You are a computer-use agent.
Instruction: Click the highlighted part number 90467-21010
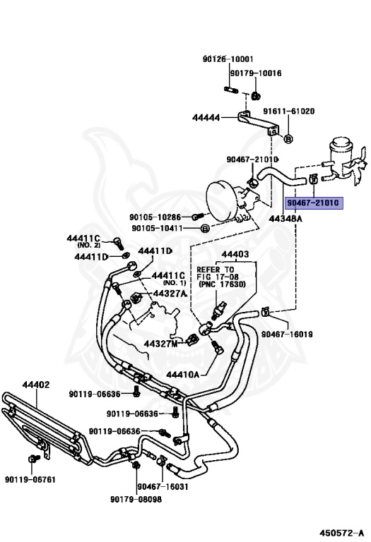(314, 203)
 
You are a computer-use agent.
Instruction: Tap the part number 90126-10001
(228, 59)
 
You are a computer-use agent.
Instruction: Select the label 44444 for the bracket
(206, 118)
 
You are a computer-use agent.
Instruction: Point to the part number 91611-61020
(289, 112)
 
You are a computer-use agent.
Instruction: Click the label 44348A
(285, 219)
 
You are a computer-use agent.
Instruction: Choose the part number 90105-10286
(155, 217)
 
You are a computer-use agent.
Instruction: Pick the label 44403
(235, 254)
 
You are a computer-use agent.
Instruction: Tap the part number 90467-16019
(287, 335)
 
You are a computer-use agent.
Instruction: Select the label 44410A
(183, 374)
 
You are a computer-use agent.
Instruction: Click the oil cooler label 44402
(36, 385)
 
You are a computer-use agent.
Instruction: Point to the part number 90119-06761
(30, 480)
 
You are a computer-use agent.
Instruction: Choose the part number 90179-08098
(136, 500)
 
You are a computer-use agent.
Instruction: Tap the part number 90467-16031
(163, 487)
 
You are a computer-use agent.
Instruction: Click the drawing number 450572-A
(341, 533)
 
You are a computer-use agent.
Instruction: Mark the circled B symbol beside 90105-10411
(205, 228)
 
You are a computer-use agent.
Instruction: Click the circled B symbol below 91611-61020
(288, 138)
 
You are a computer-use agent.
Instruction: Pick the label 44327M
(160, 344)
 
